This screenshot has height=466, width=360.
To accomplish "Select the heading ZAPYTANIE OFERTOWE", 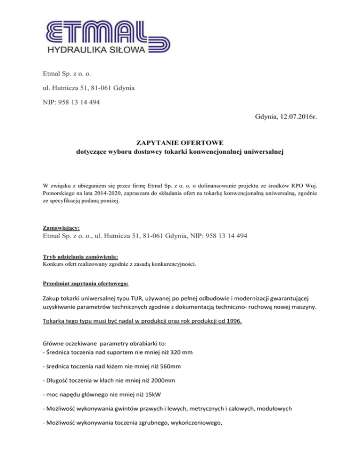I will (180, 143).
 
